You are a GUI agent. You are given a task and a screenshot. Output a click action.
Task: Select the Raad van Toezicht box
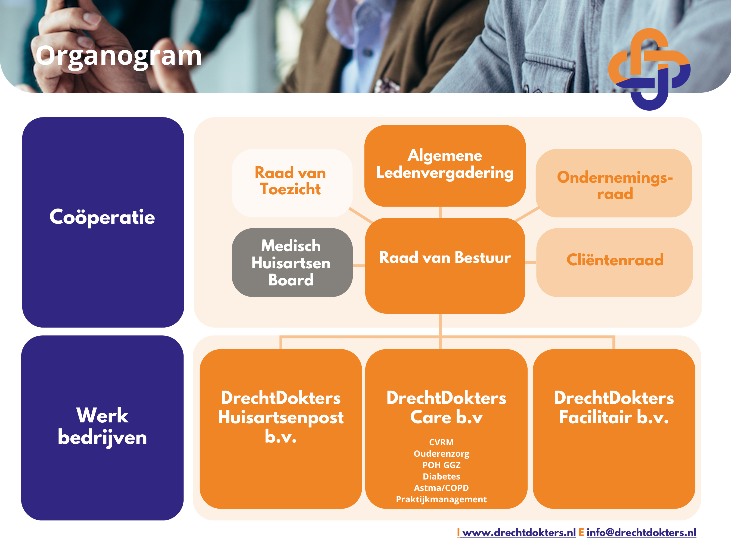click(292, 183)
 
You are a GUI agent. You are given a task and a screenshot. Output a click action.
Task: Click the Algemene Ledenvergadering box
click(445, 166)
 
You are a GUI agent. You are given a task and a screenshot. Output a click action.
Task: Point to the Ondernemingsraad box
click(614, 183)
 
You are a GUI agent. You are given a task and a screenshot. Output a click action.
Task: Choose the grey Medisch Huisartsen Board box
click(292, 262)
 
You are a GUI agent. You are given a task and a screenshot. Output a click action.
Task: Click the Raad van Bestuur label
click(445, 258)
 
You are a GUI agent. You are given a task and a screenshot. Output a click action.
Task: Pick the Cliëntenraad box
click(614, 262)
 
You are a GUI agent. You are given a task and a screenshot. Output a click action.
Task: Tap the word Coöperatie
click(102, 217)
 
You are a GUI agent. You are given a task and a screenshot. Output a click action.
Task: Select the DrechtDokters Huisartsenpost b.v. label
click(281, 417)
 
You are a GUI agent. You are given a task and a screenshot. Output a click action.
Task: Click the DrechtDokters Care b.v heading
click(446, 407)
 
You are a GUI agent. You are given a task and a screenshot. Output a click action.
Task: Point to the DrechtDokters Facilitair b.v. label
click(614, 407)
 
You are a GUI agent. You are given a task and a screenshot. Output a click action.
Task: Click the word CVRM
click(441, 442)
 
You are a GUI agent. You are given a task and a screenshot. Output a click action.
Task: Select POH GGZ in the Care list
click(441, 465)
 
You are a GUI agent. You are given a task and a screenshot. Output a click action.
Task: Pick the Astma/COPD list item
click(441, 488)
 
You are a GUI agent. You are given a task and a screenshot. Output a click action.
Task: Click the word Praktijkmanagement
click(441, 499)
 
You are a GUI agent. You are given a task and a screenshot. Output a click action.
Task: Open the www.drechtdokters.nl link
click(519, 533)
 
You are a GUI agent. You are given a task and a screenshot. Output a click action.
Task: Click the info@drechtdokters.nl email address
click(642, 533)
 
